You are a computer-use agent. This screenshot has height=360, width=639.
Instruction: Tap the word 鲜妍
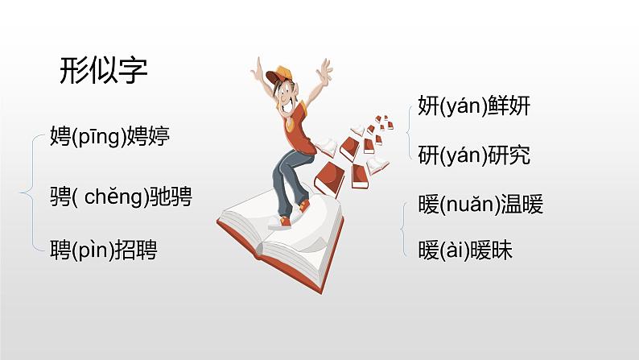point(509,106)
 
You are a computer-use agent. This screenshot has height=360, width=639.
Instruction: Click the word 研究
point(509,155)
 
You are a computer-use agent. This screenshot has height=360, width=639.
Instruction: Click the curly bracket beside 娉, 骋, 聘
point(35,193)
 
